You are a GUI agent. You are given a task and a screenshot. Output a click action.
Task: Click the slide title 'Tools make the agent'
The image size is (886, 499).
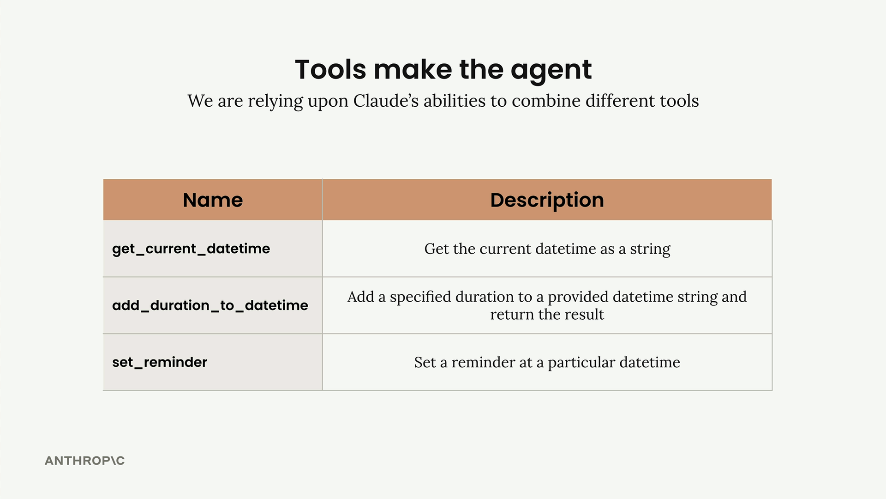coord(443,70)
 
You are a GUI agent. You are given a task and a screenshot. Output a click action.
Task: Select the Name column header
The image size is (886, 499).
coord(213,200)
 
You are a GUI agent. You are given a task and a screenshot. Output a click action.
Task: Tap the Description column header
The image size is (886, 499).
coord(547,200)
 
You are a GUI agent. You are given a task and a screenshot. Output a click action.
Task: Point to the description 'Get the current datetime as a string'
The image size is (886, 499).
coord(547,249)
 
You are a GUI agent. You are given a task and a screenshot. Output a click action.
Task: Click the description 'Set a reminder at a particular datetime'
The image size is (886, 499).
coord(547,362)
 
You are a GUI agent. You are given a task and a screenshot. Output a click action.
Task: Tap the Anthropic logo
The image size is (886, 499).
coord(84,461)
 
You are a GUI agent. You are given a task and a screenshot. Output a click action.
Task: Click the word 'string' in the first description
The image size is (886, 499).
coord(650,249)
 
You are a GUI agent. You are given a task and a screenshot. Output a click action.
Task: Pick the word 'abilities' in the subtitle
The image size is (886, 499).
coord(455,100)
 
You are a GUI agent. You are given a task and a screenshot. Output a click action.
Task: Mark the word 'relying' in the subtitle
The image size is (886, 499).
coord(275,102)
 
